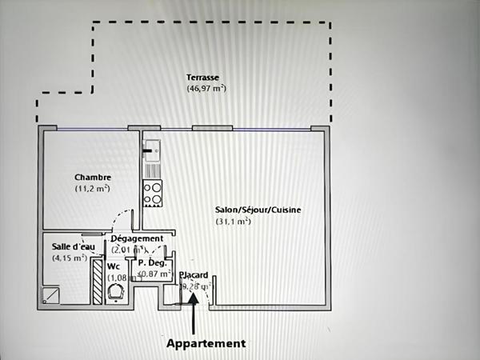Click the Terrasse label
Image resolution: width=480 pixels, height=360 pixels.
203,78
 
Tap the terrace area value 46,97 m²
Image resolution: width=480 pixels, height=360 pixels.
206,88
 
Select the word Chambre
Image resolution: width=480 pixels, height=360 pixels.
92,178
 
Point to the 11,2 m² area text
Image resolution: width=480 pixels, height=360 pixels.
92,189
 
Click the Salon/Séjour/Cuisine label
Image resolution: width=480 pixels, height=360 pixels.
258,210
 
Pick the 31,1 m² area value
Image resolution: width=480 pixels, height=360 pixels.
233,221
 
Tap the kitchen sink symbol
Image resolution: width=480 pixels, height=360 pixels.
152,149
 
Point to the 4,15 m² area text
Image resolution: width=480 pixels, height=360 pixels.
70,258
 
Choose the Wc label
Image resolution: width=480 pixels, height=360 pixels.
114,266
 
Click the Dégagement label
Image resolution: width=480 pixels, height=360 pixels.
137,238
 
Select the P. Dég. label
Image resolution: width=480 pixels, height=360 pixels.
152,262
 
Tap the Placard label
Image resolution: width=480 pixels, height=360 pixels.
194,274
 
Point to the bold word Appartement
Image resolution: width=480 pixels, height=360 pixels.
206,343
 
